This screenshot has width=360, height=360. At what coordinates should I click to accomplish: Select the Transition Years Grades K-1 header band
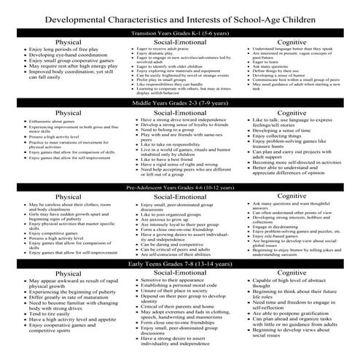tap(179, 33)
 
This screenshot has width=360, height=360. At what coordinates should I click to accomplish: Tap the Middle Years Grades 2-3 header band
tap(179, 104)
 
